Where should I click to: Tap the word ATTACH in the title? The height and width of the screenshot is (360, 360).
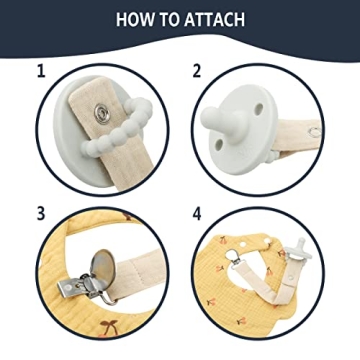[214, 20]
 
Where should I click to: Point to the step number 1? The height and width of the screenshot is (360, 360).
[41, 71]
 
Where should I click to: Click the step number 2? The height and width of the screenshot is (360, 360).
[197, 71]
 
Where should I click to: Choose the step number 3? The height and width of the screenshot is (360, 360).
[41, 214]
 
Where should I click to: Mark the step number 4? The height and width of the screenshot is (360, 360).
[197, 214]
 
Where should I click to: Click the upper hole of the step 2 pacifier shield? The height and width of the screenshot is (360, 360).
[258, 109]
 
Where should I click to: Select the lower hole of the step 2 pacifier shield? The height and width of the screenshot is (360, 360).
[219, 144]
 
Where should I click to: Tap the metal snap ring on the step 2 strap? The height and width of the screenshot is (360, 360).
[314, 132]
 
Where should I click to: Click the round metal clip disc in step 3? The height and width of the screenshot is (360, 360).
[103, 268]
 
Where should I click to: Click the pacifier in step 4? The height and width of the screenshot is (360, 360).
[297, 251]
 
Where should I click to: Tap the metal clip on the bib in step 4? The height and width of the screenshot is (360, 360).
[234, 257]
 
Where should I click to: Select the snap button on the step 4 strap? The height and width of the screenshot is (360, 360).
[291, 277]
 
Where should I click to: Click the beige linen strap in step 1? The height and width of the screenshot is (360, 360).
[110, 133]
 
